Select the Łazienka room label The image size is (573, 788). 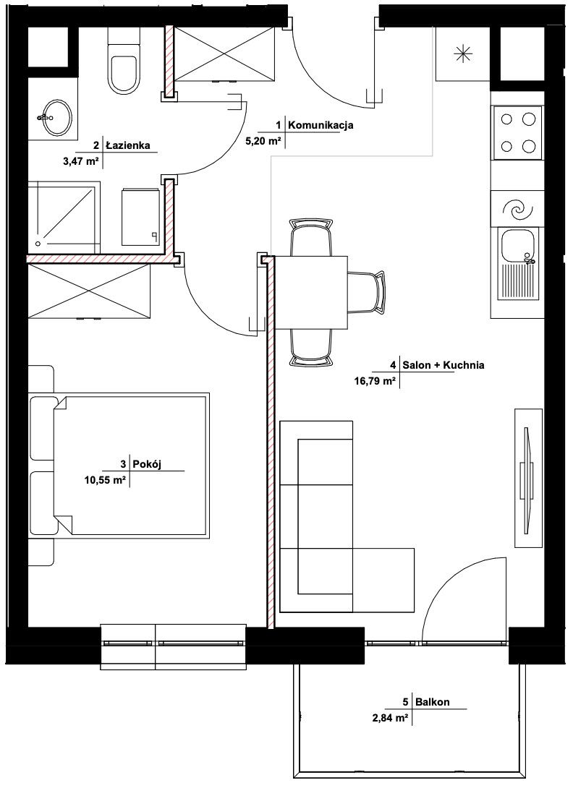[x=128, y=145]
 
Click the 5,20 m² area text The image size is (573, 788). [x=263, y=141]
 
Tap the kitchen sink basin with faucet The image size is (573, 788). [x=518, y=265]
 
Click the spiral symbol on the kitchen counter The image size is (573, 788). [x=517, y=210]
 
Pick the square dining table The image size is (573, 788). [x=312, y=292]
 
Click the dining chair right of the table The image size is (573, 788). [x=367, y=292]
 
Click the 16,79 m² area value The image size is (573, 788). [x=375, y=381]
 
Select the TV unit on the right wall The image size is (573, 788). [x=528, y=477]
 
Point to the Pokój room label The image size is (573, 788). [x=146, y=464]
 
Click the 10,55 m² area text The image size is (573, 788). [x=105, y=480]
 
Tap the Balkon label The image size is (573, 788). [x=432, y=701]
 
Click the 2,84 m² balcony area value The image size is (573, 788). [x=390, y=718]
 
